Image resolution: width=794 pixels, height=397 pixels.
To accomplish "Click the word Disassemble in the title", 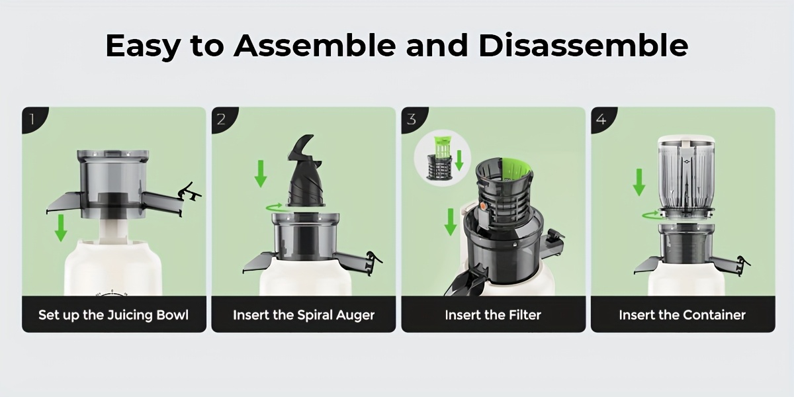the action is (x=583, y=46).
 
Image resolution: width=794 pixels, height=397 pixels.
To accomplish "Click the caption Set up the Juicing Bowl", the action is (x=113, y=315).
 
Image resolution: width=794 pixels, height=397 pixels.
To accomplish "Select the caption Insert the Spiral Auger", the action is (x=304, y=315).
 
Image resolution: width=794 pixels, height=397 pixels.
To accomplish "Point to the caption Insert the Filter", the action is (x=493, y=315).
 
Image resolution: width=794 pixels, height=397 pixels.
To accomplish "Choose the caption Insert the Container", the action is (x=682, y=315).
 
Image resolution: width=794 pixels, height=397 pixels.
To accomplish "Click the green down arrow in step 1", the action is (x=61, y=228).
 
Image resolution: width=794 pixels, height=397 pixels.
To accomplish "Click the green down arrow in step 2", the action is (x=261, y=173).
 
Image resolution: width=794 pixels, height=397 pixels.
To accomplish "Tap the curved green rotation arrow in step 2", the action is (x=275, y=207).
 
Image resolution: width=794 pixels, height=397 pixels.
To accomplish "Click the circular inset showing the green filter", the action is (x=443, y=157).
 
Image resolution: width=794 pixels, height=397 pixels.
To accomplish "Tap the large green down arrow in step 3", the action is (x=451, y=222).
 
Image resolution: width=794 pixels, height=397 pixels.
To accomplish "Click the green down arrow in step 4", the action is (x=639, y=182).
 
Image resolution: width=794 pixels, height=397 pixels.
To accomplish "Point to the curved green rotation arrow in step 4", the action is (x=652, y=215).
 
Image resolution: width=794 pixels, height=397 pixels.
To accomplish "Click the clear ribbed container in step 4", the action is (x=686, y=173).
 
